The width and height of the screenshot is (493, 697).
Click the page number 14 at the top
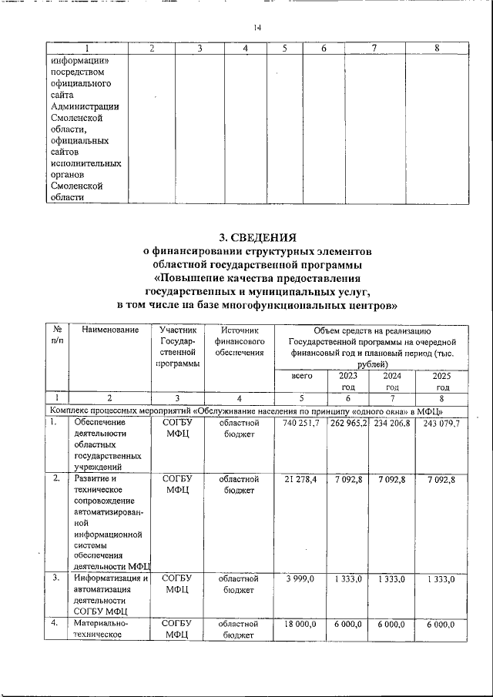point(257,28)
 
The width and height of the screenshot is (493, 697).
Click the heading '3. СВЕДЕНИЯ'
point(257,236)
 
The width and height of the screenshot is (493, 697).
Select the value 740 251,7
point(301,424)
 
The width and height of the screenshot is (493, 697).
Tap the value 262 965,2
point(349,424)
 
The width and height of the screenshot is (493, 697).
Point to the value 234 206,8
point(393,424)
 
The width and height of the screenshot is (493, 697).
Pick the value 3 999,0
point(301,578)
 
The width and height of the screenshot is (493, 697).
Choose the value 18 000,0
point(301,626)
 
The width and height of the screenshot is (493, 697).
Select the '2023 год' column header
point(349,381)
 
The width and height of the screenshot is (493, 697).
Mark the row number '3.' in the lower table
point(56,578)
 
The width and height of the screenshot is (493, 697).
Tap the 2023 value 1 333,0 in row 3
point(349,578)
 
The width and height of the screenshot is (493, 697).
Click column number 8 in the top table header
point(437,49)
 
